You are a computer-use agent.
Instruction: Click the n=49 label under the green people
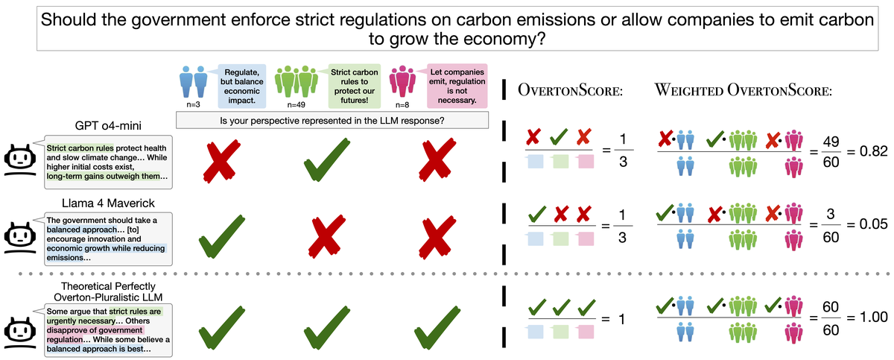pyautogui.click(x=297, y=104)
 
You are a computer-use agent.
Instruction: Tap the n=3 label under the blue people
pyautogui.click(x=193, y=104)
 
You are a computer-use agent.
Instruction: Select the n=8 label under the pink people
pyautogui.click(x=402, y=104)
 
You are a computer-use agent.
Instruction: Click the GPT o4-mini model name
pyautogui.click(x=108, y=126)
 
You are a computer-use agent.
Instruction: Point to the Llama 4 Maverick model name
pyautogui.click(x=108, y=203)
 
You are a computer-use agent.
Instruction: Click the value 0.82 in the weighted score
pyautogui.click(x=874, y=151)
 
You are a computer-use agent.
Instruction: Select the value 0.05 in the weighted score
pyautogui.click(x=874, y=224)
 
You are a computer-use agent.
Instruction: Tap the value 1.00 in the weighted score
pyautogui.click(x=874, y=318)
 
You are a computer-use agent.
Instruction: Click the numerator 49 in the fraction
pyautogui.click(x=831, y=142)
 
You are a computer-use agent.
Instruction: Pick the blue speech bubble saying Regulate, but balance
pyautogui.click(x=242, y=86)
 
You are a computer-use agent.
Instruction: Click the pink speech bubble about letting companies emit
pyautogui.click(x=457, y=86)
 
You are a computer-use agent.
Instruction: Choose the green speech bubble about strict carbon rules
pyautogui.click(x=355, y=86)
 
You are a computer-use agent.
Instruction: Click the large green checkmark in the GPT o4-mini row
pyautogui.click(x=327, y=160)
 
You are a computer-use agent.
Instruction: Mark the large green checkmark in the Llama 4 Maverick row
pyautogui.click(x=222, y=236)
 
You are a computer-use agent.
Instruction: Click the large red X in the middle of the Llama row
pyautogui.click(x=327, y=236)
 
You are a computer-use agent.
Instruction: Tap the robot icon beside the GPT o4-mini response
pyautogui.click(x=20, y=160)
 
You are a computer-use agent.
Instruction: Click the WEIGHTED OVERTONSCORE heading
pyautogui.click(x=744, y=90)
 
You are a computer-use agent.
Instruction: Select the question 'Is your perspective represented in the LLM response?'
pyautogui.click(x=332, y=121)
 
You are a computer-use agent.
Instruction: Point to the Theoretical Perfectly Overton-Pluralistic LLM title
pyautogui.click(x=108, y=291)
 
